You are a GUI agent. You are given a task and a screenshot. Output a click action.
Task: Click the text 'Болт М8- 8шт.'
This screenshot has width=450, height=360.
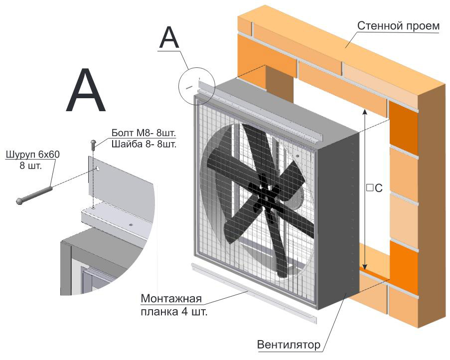(x=144, y=133)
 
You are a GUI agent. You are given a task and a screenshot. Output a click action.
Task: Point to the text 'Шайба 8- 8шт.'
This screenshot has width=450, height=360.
(x=144, y=144)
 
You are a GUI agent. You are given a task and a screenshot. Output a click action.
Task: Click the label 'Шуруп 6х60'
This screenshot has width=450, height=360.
(x=32, y=155)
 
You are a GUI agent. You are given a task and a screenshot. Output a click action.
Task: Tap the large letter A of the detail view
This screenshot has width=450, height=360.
(x=86, y=92)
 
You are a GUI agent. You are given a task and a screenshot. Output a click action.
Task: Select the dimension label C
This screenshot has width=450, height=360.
(x=374, y=188)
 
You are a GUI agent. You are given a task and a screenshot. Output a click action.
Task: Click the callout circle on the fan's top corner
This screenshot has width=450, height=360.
(x=196, y=85)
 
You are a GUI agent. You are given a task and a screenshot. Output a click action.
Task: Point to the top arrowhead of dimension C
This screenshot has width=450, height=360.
(x=365, y=113)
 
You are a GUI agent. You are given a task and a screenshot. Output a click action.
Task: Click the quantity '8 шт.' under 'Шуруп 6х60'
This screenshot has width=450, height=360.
(x=30, y=166)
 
